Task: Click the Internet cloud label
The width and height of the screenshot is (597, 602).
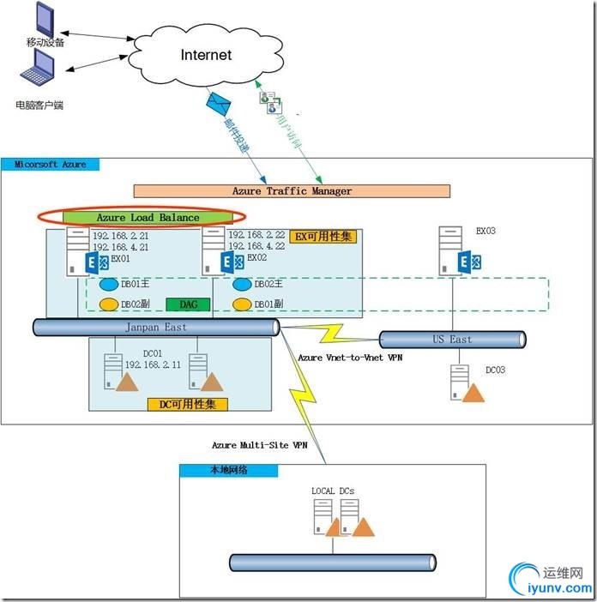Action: [x=206, y=55]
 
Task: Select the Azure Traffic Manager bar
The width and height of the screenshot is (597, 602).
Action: [x=292, y=191]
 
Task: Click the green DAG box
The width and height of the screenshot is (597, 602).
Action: [x=188, y=304]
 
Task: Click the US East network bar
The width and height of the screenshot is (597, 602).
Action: [x=452, y=340]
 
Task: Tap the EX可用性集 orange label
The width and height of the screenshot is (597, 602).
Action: [x=323, y=236]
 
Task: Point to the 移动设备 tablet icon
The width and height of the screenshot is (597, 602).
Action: [x=41, y=17]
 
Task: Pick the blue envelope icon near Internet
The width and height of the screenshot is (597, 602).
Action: [x=218, y=105]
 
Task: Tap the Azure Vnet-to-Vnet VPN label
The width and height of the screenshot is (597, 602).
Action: [x=349, y=357]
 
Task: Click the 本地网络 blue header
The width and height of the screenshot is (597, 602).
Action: [x=228, y=470]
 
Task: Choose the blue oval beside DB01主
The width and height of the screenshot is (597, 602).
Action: [x=108, y=285]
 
